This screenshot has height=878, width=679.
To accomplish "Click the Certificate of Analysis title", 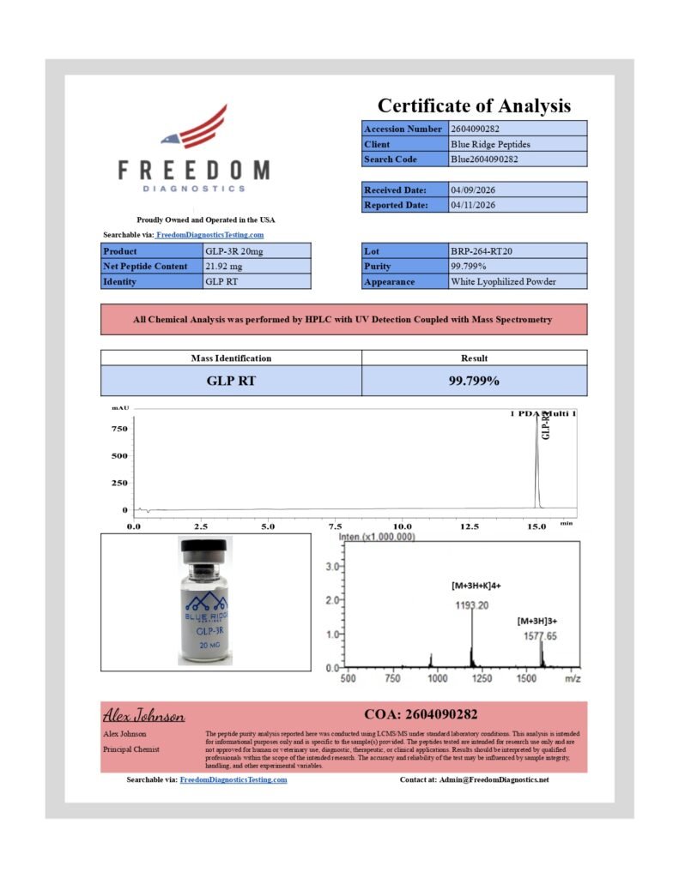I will coord(474,106).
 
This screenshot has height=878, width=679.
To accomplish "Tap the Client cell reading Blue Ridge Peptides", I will coord(485,144).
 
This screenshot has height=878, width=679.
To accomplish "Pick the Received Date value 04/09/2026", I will coord(473,189).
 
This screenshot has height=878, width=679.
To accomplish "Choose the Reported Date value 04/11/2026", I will coord(473,205).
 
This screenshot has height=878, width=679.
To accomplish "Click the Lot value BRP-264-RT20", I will coord(482,251).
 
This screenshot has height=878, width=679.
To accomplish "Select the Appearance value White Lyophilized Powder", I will coord(503,282).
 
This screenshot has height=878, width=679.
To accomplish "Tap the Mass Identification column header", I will coord(230,358).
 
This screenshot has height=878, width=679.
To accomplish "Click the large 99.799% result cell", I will coord(474,381).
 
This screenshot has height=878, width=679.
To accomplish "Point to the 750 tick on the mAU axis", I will coord(119,429).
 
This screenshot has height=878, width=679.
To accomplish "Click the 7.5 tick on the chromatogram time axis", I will coord(336,526).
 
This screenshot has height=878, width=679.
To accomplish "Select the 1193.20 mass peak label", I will coord(471,605).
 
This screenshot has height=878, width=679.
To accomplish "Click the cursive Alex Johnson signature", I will coord(143,715).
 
